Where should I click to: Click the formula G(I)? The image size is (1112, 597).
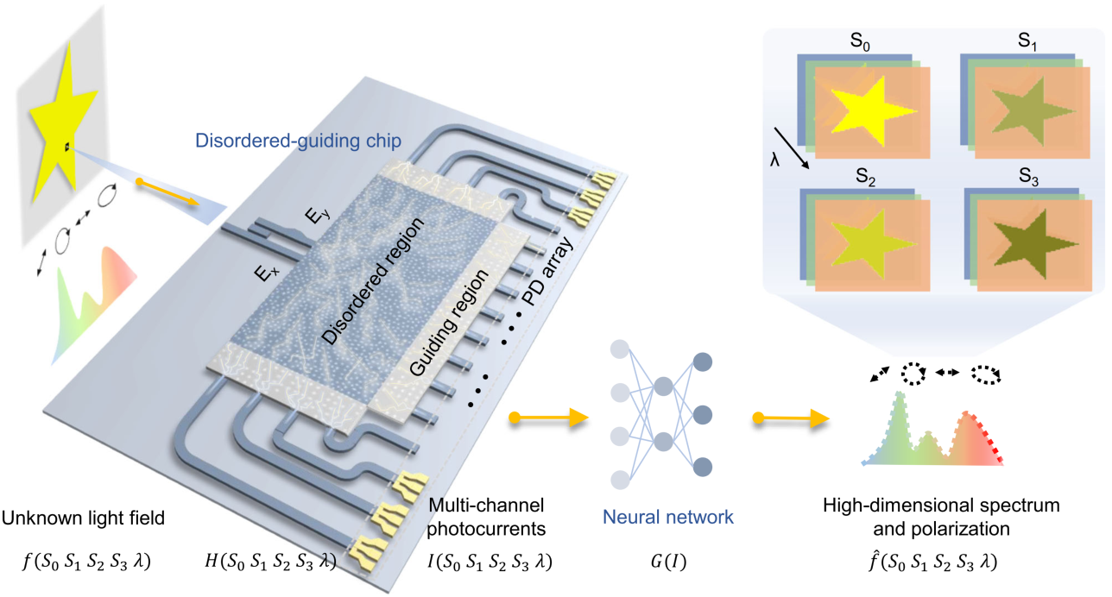coord(662,562)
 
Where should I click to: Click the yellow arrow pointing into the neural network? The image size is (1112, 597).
coord(548,419)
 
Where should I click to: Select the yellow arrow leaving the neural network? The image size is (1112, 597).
coord(790,419)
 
